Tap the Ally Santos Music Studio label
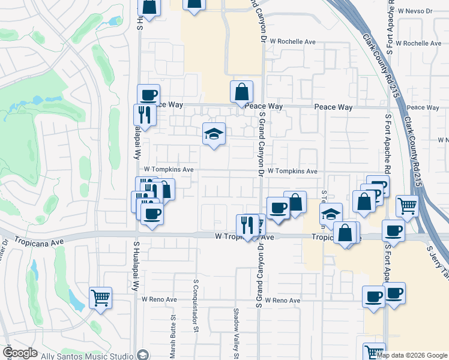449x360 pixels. (86, 356)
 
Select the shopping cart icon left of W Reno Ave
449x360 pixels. (100, 297)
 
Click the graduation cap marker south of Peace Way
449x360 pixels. (214, 134)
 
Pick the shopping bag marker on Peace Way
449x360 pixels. (241, 92)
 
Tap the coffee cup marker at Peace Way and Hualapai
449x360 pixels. (148, 95)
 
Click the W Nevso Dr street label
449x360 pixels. (414, 11)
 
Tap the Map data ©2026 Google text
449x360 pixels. (412, 355)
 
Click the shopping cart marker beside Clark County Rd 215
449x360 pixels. (407, 206)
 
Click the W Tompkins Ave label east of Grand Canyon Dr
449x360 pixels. (292, 171)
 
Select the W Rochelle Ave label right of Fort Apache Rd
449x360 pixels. (423, 43)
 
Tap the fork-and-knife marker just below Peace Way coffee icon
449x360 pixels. (145, 114)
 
